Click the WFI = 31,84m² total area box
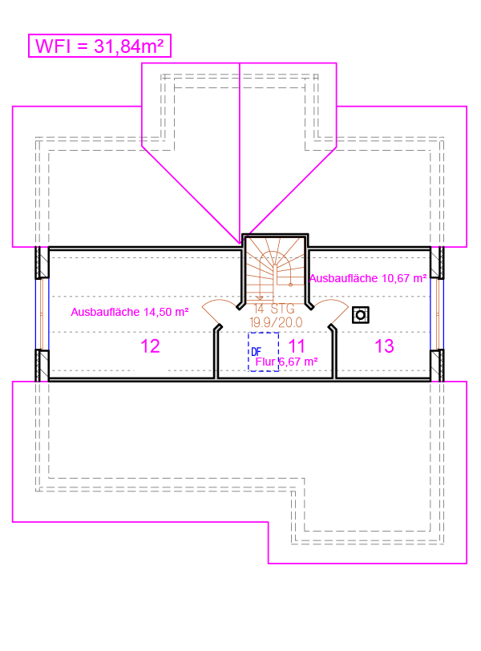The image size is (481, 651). tap(99, 46)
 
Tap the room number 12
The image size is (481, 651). tap(150, 346)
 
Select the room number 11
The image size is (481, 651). tap(297, 346)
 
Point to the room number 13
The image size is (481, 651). tap(384, 346)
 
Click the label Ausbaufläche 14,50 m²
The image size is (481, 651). tap(130, 312)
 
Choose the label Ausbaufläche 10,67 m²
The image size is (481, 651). tap(368, 278)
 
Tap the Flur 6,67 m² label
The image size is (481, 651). tap(287, 362)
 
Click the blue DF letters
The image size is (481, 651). tap(256, 353)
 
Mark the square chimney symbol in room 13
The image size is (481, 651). tap(361, 315)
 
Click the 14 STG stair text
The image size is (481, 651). tap(274, 309)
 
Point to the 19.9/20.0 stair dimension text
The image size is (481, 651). tap(276, 322)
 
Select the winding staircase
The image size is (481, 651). tap(275, 269)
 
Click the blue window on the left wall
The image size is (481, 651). tap(42, 314)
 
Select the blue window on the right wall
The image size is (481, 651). tap(437, 314)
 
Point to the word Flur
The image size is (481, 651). tap(265, 362)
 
